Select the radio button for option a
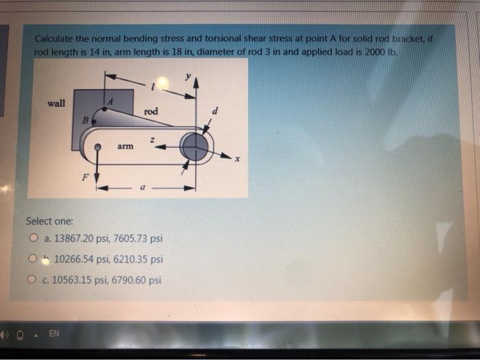click(x=33, y=239)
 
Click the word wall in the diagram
click(x=56, y=104)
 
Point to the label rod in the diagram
click(x=152, y=111)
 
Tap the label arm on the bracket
click(x=124, y=146)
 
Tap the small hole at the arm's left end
click(x=98, y=147)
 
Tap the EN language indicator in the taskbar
click(x=53, y=334)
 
